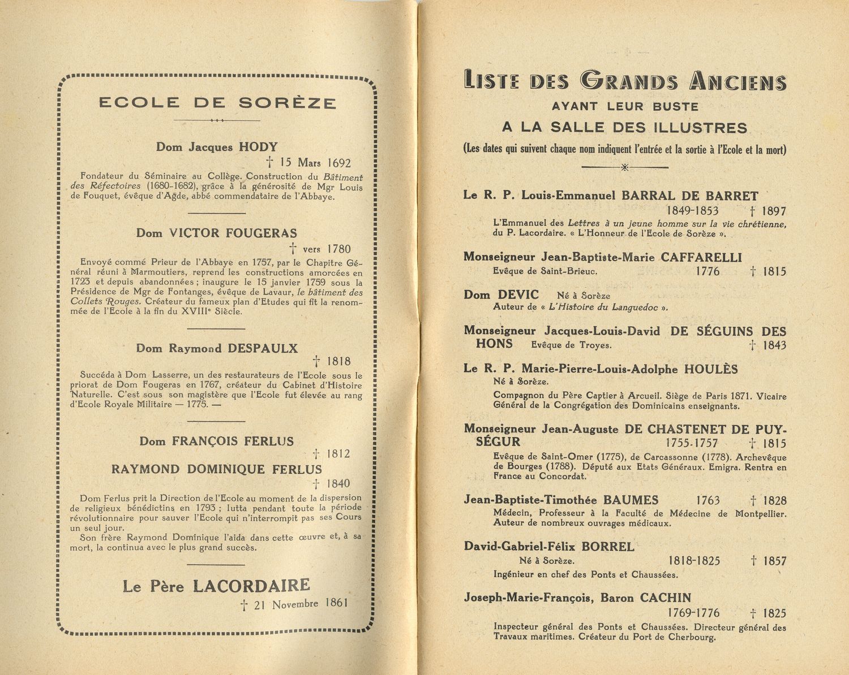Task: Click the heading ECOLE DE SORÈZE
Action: pyautogui.click(x=217, y=103)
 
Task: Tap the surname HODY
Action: pyautogui.click(x=258, y=147)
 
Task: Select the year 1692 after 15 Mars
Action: pyautogui.click(x=339, y=163)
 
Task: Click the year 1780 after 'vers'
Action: pyautogui.click(x=338, y=249)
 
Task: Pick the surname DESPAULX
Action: pyautogui.click(x=262, y=348)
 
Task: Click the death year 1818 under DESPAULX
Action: pyautogui.click(x=338, y=362)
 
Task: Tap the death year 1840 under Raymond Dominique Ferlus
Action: pyautogui.click(x=338, y=484)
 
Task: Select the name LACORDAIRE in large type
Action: pyautogui.click(x=251, y=586)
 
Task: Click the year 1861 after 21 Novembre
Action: pyautogui.click(x=336, y=603)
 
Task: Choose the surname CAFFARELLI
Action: pyautogui.click(x=701, y=257)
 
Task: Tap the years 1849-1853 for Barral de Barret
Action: pyautogui.click(x=692, y=211)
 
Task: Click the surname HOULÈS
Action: pyautogui.click(x=711, y=369)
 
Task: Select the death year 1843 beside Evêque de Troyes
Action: pyautogui.click(x=774, y=345)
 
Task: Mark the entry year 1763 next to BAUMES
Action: pyautogui.click(x=707, y=500)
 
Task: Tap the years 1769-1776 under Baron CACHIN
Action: pyautogui.click(x=693, y=613)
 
